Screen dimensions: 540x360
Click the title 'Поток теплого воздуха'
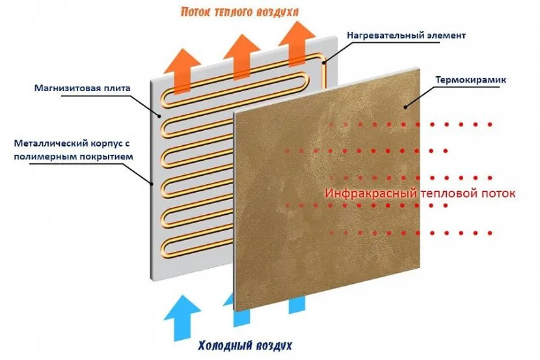[x=239, y=12]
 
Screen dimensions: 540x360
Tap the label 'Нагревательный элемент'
[x=406, y=35]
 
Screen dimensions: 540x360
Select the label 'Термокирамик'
[x=471, y=80]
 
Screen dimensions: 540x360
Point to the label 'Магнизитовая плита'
[x=83, y=88]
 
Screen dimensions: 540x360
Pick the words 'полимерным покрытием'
[x=73, y=157]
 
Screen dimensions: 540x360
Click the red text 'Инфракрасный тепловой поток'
[x=420, y=193]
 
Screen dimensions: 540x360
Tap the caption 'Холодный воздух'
[x=245, y=346]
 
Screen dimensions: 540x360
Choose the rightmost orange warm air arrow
[x=297, y=44]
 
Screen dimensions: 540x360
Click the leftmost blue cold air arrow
[x=182, y=318]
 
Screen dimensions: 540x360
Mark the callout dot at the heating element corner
[x=324, y=62]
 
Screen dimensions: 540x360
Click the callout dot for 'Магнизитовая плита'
[x=159, y=116]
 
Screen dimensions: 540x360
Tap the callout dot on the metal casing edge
[x=152, y=184]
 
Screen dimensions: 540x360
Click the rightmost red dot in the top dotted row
[x=490, y=124]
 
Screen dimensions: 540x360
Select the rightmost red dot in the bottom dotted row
[x=490, y=233]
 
